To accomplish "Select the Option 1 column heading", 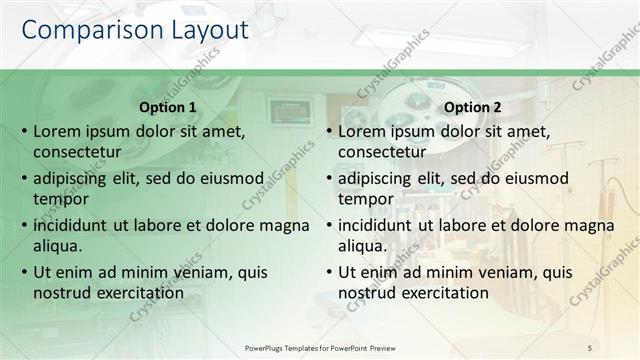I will point(166,107).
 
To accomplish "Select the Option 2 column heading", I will point(471,107).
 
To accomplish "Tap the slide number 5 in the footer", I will point(589,347).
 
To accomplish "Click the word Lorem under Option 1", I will point(58,131).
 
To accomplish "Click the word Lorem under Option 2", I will point(363,131).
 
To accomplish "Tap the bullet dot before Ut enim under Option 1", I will point(24,272).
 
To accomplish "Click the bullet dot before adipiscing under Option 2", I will point(329,179).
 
